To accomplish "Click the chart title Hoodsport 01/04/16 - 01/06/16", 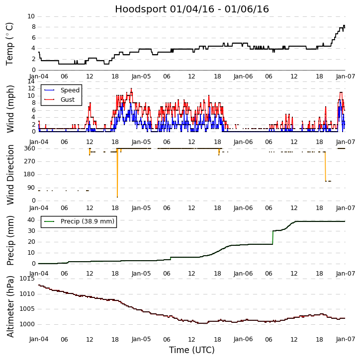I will (x=192, y=9).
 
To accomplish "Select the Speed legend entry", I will (x=70, y=90).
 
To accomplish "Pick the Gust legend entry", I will (x=69, y=100).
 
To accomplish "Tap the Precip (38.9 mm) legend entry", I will (x=87, y=221).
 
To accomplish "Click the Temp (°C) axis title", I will (x=10, y=43).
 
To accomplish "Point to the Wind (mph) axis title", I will (x=10, y=108).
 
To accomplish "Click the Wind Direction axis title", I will (x=10, y=174).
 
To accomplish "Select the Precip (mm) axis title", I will (x=10, y=240).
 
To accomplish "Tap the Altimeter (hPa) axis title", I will (x=10, y=306).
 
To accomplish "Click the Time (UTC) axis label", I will (x=192, y=350).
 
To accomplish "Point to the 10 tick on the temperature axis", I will (x=31, y=16).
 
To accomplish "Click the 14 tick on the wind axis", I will (x=31, y=81).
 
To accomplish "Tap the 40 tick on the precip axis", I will (x=31, y=219).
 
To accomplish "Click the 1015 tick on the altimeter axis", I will (x=27, y=279).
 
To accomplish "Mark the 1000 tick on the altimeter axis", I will (x=27, y=324).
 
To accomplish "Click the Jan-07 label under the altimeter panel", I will (x=345, y=339).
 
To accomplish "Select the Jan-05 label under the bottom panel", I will (x=141, y=339).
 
